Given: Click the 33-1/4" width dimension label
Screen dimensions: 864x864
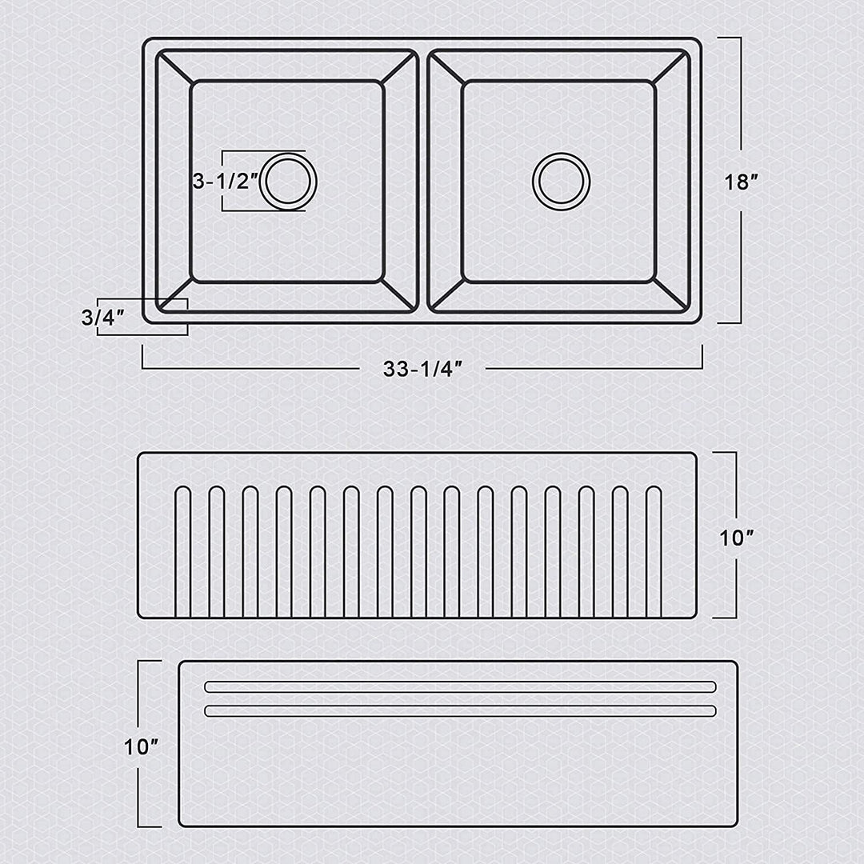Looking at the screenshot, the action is click(x=422, y=369).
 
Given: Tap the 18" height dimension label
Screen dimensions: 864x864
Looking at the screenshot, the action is click(x=741, y=182).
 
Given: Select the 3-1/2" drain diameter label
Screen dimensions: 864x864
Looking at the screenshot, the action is click(x=226, y=181).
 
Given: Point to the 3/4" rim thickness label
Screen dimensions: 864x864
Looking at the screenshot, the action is click(x=103, y=317).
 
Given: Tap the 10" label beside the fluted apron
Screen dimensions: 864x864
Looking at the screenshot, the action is click(x=737, y=538).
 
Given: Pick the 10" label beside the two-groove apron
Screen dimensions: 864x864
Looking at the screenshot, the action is click(x=141, y=747).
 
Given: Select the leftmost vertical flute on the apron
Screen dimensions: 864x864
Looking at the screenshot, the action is click(x=183, y=551).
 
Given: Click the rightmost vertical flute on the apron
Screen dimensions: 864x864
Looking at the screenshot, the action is click(x=654, y=551).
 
